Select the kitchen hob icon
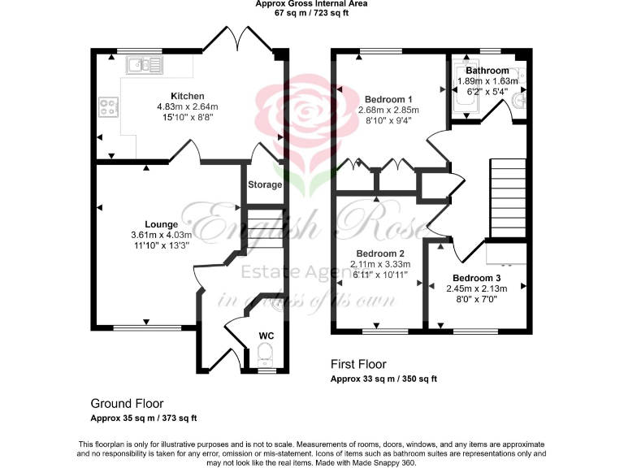click(108, 106)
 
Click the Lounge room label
click(161, 223)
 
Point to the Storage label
click(265, 184)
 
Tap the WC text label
click(266, 335)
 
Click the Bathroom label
click(487, 71)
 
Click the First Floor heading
click(358, 364)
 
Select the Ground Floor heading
click(127, 403)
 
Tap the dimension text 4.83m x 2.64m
click(187, 106)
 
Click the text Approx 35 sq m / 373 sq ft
click(144, 418)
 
